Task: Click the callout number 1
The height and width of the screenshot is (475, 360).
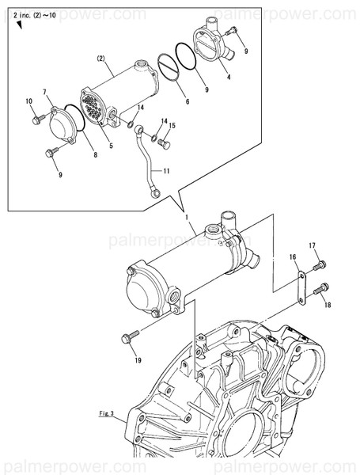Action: pos(186,216)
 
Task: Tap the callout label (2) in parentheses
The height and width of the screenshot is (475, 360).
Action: pos(101,59)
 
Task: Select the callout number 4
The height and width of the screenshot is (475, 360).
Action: pos(229,77)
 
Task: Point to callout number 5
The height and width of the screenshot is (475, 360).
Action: pos(111,145)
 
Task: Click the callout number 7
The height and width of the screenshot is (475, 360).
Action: pos(45,93)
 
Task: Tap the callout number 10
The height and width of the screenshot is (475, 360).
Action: pos(28,101)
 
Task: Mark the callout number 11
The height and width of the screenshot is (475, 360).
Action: pos(167,170)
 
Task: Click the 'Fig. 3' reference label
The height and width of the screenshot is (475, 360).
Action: pos(108,413)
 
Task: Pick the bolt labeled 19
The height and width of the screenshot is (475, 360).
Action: pos(127,339)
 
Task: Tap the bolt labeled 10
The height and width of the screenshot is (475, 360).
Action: pos(37,119)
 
